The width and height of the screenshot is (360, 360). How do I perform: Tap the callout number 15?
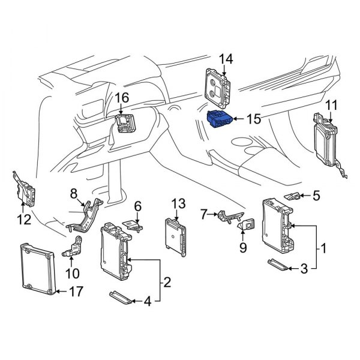click(254, 119)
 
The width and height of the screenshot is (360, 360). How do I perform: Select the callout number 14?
click(225, 58)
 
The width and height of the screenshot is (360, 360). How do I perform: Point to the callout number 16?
click(122, 98)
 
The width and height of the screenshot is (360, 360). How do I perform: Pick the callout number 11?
click(331, 106)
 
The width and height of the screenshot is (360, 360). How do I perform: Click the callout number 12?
click(23, 220)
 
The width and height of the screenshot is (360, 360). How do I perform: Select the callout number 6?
click(137, 206)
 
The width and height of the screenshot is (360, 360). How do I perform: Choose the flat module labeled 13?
click(176, 236)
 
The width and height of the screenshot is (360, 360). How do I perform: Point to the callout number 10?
click(72, 275)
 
